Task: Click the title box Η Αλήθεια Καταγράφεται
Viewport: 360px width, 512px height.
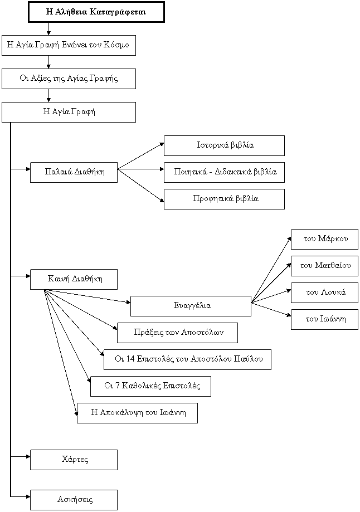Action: (96, 12)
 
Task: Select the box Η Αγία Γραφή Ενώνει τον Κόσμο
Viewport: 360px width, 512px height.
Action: (69, 45)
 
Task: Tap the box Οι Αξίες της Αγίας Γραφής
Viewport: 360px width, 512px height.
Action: (69, 79)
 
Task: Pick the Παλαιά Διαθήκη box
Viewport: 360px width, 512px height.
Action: (74, 172)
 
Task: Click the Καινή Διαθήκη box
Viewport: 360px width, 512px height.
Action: (74, 279)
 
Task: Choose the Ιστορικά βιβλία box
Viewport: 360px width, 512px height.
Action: (224, 145)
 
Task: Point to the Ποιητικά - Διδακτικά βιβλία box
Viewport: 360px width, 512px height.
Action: (224, 172)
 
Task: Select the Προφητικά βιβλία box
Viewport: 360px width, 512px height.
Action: (224, 199)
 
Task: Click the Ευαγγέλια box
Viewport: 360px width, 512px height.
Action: (191, 306)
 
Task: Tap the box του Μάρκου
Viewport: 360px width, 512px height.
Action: (324, 240)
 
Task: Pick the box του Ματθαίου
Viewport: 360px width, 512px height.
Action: (324, 266)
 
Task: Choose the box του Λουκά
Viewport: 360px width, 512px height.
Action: (324, 292)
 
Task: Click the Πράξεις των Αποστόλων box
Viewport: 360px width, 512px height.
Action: (177, 333)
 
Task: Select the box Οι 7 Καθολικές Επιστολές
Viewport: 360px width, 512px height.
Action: (150, 386)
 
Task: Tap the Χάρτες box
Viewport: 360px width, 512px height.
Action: (74, 460)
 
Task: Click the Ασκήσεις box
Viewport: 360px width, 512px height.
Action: (74, 500)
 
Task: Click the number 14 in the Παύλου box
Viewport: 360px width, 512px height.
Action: (130, 359)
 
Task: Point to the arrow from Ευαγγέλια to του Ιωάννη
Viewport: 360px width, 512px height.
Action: (271, 310)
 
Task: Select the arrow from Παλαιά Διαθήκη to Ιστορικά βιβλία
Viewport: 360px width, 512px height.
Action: (141, 156)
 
